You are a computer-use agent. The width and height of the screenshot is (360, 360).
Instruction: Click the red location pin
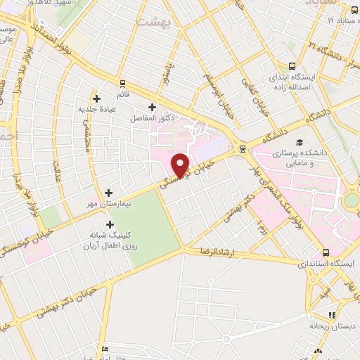[x=181, y=165]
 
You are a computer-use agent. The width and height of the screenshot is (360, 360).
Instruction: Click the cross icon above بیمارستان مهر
[x=108, y=192]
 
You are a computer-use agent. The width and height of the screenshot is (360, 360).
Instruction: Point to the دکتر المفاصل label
[x=151, y=120]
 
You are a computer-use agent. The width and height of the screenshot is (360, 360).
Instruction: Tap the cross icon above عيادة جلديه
[x=96, y=99]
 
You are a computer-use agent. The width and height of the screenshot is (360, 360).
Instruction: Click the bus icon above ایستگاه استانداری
[x=326, y=252]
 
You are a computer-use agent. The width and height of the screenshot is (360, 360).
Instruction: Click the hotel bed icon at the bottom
[x=105, y=349]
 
